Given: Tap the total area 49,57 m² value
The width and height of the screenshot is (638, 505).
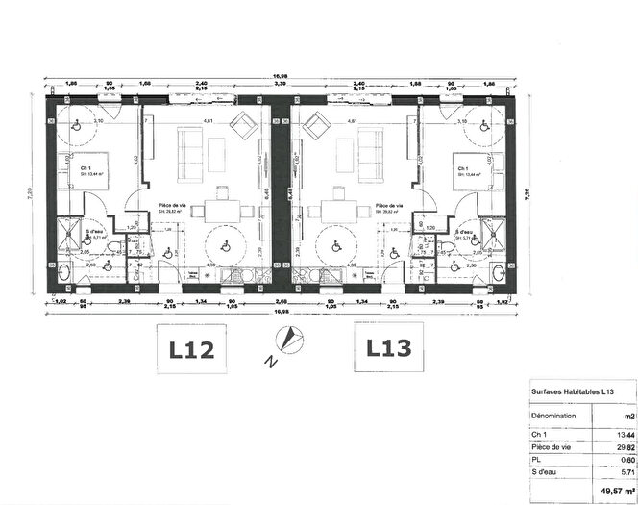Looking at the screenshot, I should coord(615,491).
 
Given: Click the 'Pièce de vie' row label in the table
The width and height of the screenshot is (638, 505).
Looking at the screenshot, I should coord(552,447).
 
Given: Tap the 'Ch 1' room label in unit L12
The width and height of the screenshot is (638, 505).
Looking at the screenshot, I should coord(86,169).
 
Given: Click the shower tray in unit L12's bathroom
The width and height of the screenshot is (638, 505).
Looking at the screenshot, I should coord(69,233).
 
